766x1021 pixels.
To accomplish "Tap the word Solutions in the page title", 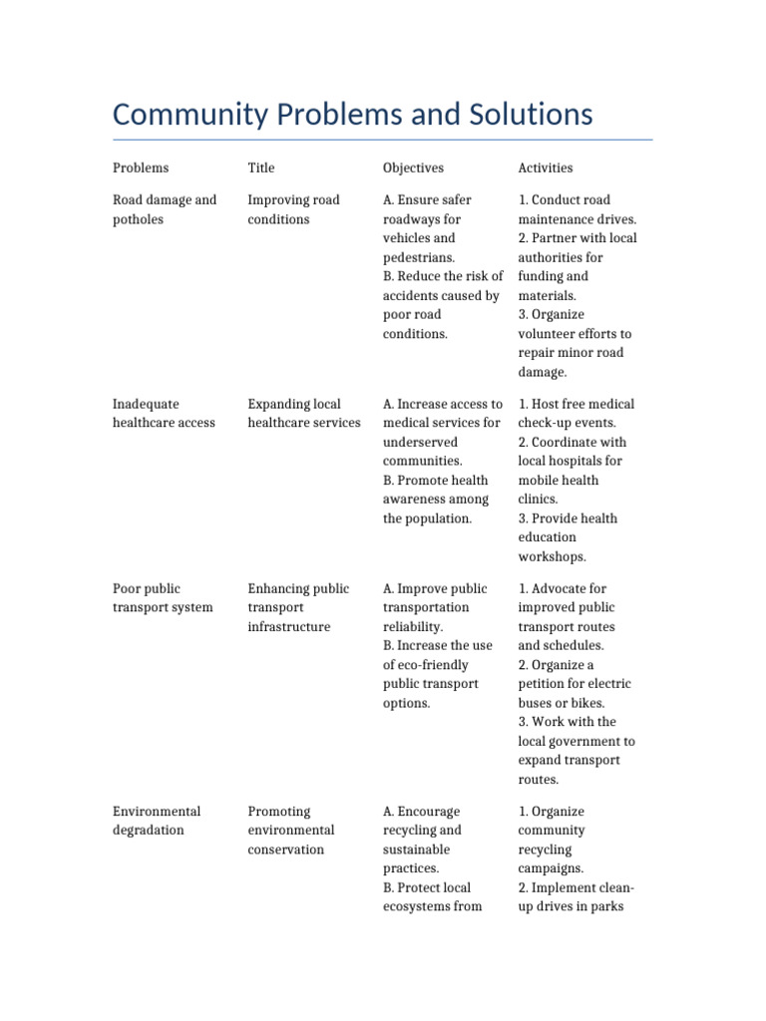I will (524, 115).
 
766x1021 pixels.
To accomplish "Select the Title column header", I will (260, 168).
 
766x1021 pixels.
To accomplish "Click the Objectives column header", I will (413, 168).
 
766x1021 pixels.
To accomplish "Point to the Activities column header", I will (546, 168).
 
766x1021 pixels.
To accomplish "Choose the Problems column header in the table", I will (141, 168).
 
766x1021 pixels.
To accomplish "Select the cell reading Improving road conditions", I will (293, 209).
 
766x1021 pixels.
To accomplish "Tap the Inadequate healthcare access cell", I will (164, 413).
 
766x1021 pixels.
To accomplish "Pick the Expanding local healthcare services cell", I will (303, 413).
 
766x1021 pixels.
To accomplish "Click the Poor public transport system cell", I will (162, 598).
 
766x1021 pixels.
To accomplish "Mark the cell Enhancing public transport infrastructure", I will (298, 607).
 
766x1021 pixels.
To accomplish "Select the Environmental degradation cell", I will (157, 821).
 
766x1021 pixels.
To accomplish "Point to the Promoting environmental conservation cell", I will (290, 830).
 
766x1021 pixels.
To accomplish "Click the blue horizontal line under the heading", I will (383, 140).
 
